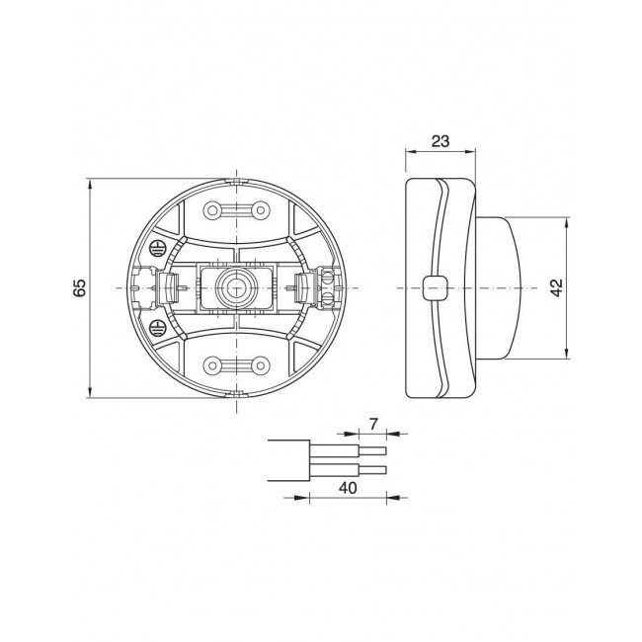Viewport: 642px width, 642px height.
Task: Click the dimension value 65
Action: pyautogui.click(x=79, y=287)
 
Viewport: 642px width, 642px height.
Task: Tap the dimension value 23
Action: pyautogui.click(x=441, y=141)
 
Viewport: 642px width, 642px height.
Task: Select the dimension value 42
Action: pyautogui.click(x=557, y=287)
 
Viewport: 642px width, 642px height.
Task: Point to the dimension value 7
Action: pyautogui.click(x=373, y=425)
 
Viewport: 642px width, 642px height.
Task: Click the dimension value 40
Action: pyautogui.click(x=348, y=488)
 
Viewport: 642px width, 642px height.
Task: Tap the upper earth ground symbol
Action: pyautogui.click(x=156, y=248)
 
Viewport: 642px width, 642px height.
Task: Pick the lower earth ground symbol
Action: pyautogui.click(x=156, y=327)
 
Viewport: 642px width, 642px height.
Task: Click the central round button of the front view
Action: pyautogui.click(x=236, y=287)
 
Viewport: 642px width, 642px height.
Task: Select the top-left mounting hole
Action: pyautogui.click(x=211, y=210)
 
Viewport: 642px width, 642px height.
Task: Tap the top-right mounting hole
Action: pyautogui.click(x=260, y=210)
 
